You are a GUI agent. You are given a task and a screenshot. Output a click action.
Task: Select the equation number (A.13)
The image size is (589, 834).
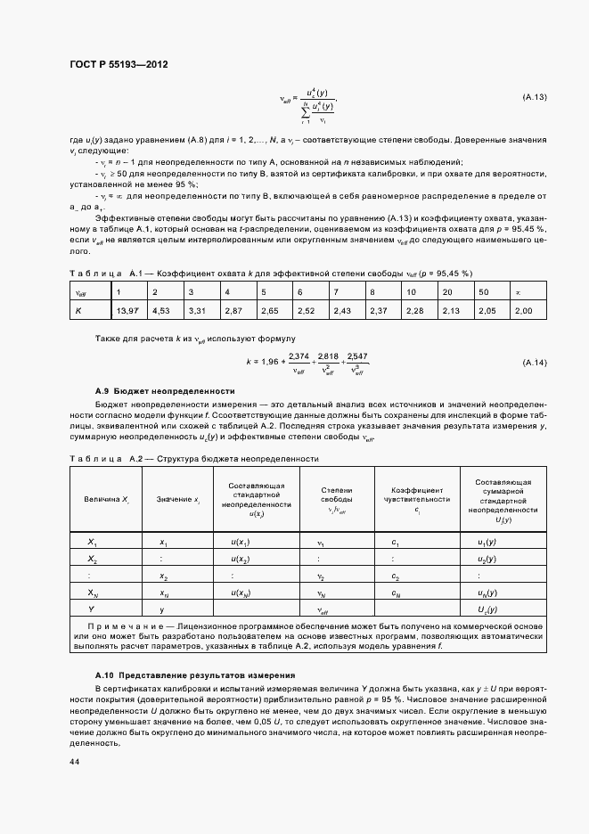click(x=534, y=96)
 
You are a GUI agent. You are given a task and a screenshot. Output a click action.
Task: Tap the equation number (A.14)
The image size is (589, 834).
click(x=534, y=362)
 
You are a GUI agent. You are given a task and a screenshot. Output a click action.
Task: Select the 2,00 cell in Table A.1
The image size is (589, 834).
click(x=523, y=310)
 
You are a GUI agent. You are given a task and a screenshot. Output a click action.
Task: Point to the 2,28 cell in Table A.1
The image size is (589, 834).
click(x=415, y=310)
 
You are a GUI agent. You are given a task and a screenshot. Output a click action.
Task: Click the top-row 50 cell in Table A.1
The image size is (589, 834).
click(x=483, y=291)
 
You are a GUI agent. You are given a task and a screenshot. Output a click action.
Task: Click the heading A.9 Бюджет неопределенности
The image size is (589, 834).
click(x=165, y=390)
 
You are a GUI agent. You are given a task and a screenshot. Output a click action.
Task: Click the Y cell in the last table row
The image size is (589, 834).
click(x=92, y=609)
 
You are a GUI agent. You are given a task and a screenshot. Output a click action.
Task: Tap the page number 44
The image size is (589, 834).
click(x=75, y=762)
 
